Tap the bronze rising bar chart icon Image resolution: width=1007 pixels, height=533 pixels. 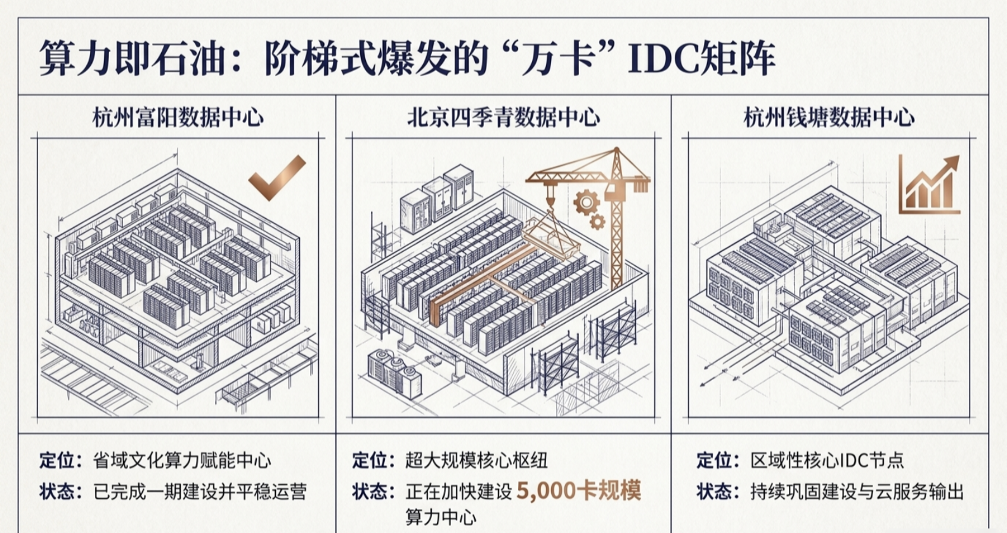(929, 185)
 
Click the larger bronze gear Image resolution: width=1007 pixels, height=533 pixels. (586, 202)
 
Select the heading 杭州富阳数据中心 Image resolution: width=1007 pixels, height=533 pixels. (178, 117)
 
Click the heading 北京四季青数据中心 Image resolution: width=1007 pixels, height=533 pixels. (504, 117)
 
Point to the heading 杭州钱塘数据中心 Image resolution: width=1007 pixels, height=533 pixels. (829, 117)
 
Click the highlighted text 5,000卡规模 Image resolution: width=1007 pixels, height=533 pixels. (579, 490)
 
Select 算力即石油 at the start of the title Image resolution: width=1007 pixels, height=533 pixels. (132, 58)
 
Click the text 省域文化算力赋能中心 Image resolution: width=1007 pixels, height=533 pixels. (182, 461)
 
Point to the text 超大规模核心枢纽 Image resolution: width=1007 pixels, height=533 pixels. (477, 461)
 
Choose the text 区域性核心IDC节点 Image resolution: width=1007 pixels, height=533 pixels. (827, 461)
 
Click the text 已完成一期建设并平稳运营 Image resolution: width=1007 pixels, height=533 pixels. (200, 492)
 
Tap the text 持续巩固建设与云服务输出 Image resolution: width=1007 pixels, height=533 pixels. (857, 492)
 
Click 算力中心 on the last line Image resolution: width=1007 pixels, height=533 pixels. (441, 517)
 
